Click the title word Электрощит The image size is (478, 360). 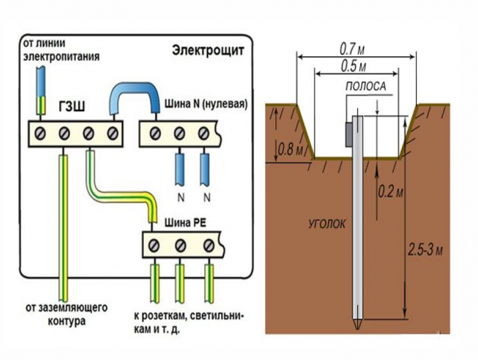[207, 50]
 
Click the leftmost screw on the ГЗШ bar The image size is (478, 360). [41, 132]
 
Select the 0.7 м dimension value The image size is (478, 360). [353, 47]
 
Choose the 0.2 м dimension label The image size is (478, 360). [391, 192]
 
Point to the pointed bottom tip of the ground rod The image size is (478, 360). [357, 326]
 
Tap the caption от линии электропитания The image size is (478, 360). [61, 51]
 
